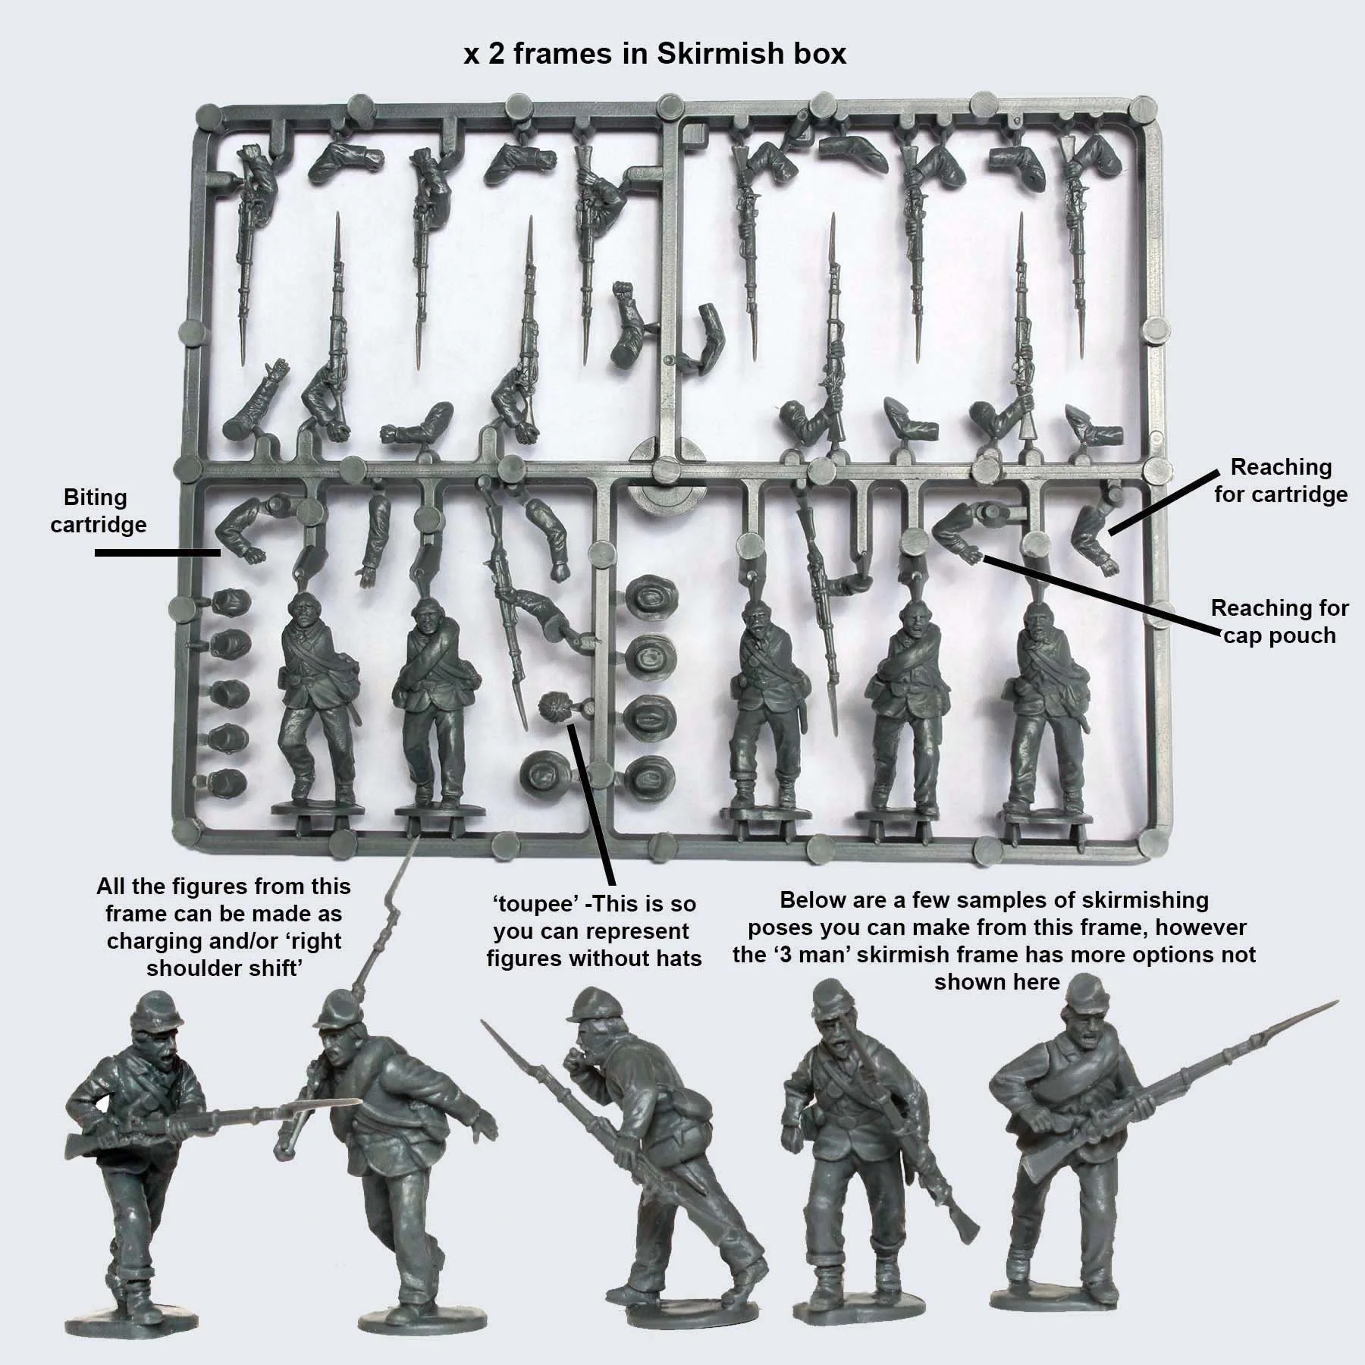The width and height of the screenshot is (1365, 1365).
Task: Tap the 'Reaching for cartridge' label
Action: [x=1281, y=481]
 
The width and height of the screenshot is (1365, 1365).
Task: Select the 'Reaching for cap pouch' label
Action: [x=1279, y=621]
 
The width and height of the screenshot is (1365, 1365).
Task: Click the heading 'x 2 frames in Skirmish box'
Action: [x=654, y=54]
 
